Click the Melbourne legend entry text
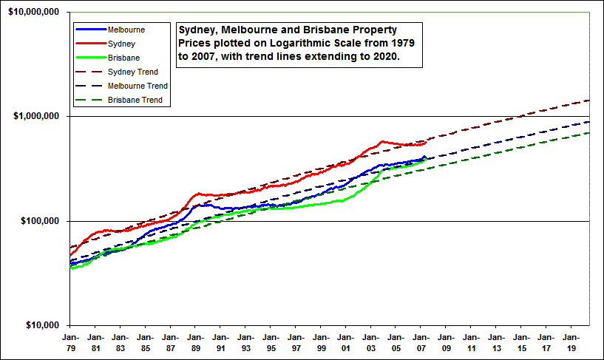point(126,30)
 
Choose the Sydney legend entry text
point(121,44)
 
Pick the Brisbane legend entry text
point(123,58)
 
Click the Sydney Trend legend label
point(133,72)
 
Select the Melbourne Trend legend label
point(138,86)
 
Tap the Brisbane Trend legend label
point(135,100)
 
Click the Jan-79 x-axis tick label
point(70,342)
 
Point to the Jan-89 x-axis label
point(195,342)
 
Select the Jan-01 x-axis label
point(345,342)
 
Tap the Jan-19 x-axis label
point(570,342)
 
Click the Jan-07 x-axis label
point(420,342)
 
